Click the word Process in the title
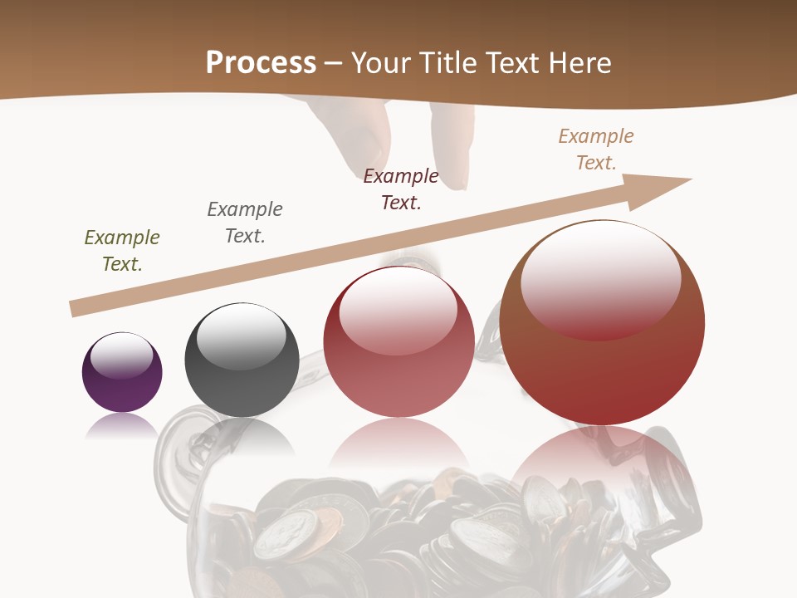261,63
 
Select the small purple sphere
122,373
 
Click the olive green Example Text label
122,251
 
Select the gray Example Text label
245,223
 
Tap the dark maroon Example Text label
401,189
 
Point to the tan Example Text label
596,149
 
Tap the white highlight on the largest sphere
600,278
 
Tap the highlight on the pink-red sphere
398,309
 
